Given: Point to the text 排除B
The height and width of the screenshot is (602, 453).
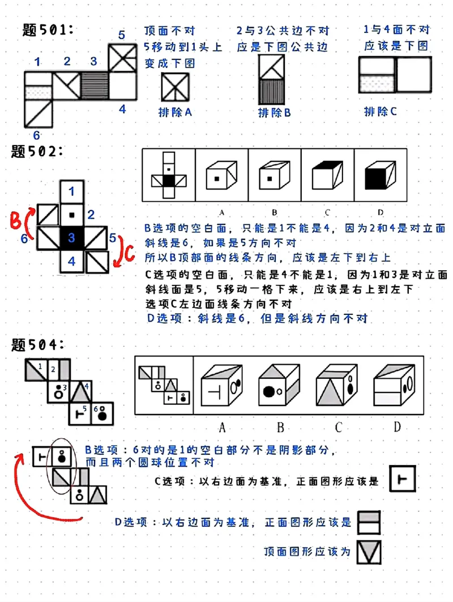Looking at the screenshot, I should tap(274, 112).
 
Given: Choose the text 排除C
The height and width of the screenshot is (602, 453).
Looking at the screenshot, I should tap(380, 111).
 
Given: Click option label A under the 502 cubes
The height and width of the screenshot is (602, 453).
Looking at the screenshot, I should tap(221, 212).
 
